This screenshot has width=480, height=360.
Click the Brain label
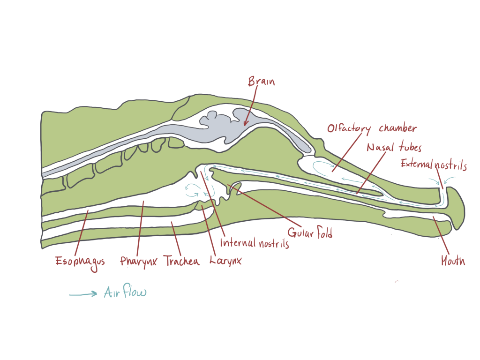point(261,82)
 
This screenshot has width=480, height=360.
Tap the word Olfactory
point(349,129)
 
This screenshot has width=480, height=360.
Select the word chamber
point(398,127)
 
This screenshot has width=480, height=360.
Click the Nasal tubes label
point(394,147)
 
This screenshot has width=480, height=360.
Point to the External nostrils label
point(434,165)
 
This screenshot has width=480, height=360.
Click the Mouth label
point(453,261)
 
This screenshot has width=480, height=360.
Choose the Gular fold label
point(310,232)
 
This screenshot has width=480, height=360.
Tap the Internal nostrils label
point(255,243)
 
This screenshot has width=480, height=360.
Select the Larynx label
point(225,261)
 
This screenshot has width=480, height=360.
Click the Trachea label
point(181,261)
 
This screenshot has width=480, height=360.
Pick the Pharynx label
point(138,262)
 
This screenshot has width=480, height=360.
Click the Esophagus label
point(80,262)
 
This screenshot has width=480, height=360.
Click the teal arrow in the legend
point(83,294)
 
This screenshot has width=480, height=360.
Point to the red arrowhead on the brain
point(245,122)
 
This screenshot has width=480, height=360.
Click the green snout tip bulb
point(456,208)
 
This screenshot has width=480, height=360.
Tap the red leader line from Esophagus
point(82,232)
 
